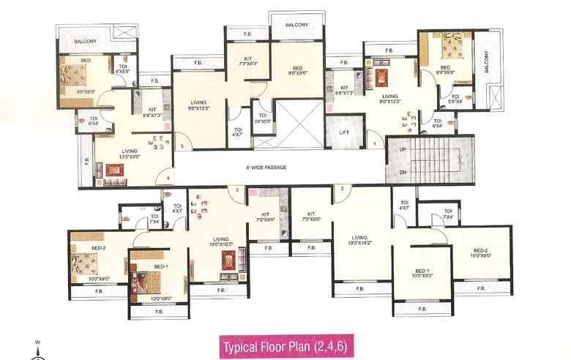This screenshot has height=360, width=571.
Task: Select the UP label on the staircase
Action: [401, 149]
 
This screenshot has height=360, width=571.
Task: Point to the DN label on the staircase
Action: [401, 173]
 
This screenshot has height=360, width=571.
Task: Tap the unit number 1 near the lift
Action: [376, 144]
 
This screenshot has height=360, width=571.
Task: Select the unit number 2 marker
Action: [342, 189]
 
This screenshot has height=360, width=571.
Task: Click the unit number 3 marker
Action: [237, 190]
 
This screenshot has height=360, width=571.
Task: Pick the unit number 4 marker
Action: [168, 178]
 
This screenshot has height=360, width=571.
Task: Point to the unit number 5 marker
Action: [182, 146]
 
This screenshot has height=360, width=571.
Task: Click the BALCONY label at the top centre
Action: [296, 25]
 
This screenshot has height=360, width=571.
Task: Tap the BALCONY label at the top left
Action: [85, 42]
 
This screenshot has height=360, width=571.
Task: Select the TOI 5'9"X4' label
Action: [455, 99]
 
